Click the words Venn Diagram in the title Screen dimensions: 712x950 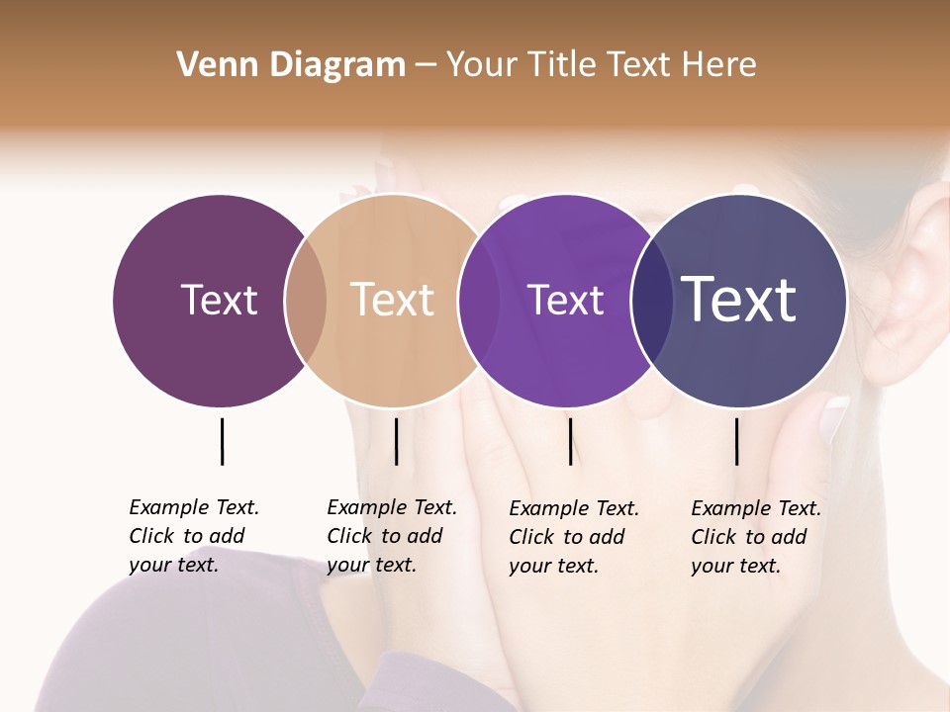point(291,65)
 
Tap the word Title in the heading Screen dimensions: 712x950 point(563,65)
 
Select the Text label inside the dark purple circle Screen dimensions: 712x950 point(219,300)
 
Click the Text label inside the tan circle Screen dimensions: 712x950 point(393,300)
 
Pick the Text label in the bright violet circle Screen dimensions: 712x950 point(565,300)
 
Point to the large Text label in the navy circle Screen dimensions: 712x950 point(739,300)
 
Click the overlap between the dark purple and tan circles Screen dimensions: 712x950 point(306,300)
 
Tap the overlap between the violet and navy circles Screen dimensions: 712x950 point(651,300)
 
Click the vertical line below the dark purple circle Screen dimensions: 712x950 point(222,441)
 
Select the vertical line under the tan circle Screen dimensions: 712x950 point(396,441)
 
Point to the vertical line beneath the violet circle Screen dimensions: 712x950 point(570,441)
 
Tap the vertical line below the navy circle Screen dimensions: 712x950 point(736,441)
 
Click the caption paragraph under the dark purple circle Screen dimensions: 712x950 point(194,536)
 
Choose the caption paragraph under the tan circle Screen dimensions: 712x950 point(392,536)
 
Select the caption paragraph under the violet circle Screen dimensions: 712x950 point(574,537)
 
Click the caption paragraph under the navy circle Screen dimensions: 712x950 point(756,537)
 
